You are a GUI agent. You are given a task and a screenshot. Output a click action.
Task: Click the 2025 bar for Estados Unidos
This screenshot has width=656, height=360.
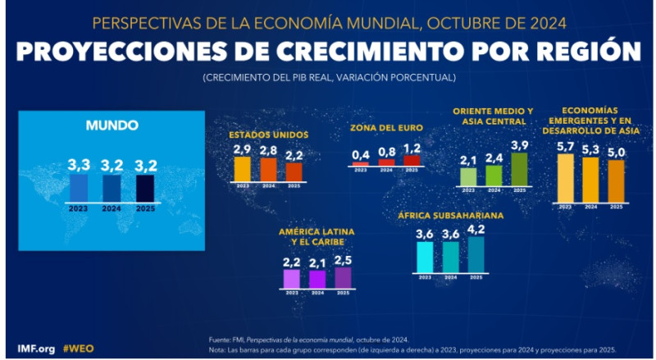[x=294, y=171]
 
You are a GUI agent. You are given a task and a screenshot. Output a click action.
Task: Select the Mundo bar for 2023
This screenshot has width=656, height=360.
[x=79, y=187]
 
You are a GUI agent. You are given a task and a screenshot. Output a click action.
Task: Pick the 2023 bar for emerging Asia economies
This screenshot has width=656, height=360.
[x=565, y=177]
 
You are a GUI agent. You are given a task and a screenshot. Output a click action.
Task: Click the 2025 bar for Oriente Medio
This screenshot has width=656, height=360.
[x=518, y=169]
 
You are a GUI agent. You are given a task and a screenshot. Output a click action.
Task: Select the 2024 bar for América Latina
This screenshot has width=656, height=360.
[x=317, y=279]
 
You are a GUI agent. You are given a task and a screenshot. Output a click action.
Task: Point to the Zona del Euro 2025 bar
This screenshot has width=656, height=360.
[x=412, y=161]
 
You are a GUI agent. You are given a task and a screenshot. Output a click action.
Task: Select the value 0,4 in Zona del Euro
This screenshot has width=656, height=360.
[x=361, y=154]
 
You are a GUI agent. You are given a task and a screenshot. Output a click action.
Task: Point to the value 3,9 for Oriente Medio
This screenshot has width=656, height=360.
[x=518, y=144]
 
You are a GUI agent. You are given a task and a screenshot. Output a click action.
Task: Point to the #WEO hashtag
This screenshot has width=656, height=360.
[x=80, y=348]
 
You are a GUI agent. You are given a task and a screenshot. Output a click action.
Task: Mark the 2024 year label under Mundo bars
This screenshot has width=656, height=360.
[x=112, y=209]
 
